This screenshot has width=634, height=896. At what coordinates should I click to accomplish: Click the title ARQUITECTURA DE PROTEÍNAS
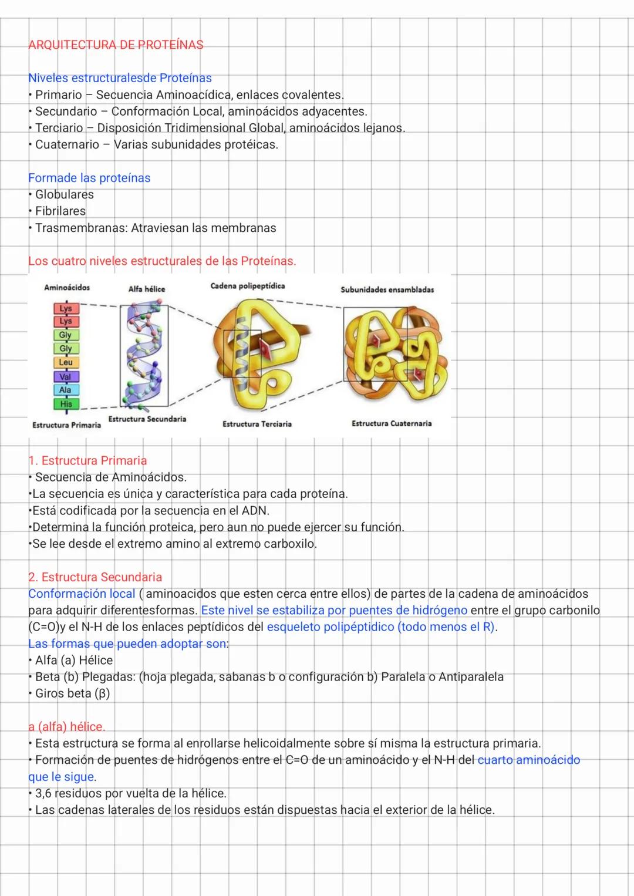(116, 45)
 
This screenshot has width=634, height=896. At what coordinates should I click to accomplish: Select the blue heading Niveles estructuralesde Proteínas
(120, 78)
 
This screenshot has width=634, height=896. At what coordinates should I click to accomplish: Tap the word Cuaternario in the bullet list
(67, 144)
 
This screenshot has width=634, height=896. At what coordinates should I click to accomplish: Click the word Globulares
(64, 194)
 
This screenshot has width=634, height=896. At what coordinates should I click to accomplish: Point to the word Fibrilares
(60, 211)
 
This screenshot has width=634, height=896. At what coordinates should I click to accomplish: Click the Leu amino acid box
(66, 362)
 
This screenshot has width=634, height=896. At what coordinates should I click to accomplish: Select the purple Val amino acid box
(66, 376)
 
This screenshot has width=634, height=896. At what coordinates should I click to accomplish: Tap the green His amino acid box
(66, 404)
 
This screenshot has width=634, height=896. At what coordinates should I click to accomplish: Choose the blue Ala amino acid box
(66, 390)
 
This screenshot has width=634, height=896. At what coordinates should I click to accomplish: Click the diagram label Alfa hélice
(147, 289)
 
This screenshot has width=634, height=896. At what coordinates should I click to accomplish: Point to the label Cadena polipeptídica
(247, 286)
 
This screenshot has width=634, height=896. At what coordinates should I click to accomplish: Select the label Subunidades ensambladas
(387, 290)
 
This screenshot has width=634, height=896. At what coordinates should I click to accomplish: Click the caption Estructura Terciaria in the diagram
(257, 424)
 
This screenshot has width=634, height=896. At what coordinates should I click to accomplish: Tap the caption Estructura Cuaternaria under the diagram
(392, 423)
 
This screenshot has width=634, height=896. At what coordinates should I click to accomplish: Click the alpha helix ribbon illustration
(144, 355)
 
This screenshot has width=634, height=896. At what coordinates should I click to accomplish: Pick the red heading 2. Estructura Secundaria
(95, 577)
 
